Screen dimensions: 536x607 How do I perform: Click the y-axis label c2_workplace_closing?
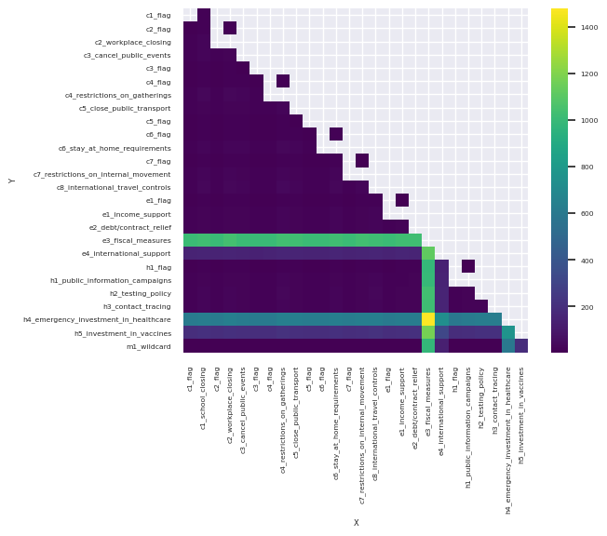(132, 42)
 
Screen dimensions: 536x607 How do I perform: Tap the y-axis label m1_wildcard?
(151, 346)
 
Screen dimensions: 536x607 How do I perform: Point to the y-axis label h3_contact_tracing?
(138, 306)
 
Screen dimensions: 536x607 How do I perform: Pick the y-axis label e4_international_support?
(127, 253)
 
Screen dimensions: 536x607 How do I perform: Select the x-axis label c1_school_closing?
(203, 397)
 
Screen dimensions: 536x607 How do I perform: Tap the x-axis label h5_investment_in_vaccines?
(521, 415)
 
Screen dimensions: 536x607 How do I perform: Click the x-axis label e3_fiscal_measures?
(428, 401)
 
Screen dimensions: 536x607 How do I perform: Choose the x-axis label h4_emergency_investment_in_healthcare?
(508, 440)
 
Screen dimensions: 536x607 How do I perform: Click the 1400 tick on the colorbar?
(588, 28)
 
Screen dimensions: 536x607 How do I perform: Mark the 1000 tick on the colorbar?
(588, 121)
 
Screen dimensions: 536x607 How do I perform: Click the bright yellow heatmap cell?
(428, 319)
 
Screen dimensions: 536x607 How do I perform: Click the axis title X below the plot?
(356, 522)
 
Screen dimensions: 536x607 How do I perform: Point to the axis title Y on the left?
(12, 181)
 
